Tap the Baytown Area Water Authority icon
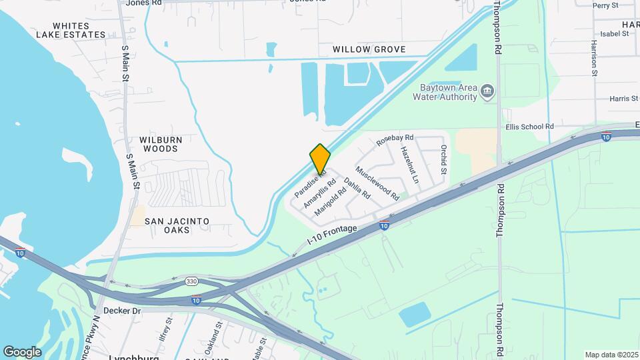pyautogui.click(x=487, y=90)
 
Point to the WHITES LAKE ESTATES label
pyautogui.click(x=71, y=29)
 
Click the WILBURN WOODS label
pyautogui.click(x=158, y=144)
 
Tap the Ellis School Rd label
pyautogui.click(x=529, y=126)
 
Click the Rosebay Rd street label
pyautogui.click(x=395, y=140)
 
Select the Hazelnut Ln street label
pyautogui.click(x=409, y=165)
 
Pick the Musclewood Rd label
pyautogui.click(x=377, y=183)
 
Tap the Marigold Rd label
pyautogui.click(x=330, y=201)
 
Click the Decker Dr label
pyautogui.click(x=123, y=311)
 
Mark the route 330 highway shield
pyautogui.click(x=191, y=281)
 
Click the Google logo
pyautogui.click(x=22, y=351)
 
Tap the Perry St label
pyautogui.click(x=605, y=5)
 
